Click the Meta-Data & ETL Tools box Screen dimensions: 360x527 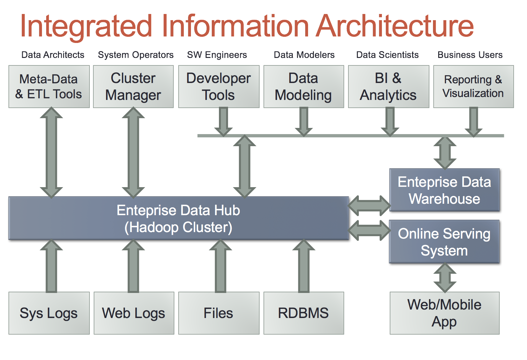click(49, 87)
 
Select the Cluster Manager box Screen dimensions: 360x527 click(133, 87)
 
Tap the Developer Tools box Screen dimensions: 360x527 click(219, 87)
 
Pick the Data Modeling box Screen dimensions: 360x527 click(304, 87)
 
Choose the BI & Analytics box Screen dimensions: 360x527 click(388, 87)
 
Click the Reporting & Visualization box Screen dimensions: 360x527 click(473, 87)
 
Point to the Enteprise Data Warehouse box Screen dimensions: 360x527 click(444, 190)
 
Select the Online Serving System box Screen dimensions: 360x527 click(444, 242)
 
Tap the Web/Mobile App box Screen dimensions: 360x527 click(444, 313)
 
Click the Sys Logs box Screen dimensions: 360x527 click(49, 313)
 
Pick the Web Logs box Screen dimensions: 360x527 click(134, 313)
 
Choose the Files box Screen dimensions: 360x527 click(219, 313)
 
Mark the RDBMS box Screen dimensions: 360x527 click(304, 313)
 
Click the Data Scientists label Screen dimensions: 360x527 click(387, 55)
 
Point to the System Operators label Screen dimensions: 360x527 click(136, 55)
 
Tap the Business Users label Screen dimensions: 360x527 click(470, 55)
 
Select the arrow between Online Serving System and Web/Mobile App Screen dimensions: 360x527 click(445, 278)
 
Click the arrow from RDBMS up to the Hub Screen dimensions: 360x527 click(304, 266)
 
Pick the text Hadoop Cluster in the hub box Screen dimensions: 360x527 click(178, 228)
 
